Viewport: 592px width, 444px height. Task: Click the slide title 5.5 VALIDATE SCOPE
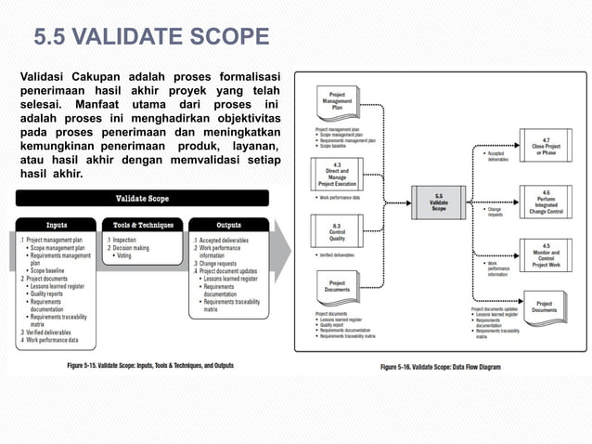pos(151,38)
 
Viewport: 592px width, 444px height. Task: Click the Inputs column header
pos(62,225)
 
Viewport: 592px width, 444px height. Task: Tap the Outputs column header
pos(228,225)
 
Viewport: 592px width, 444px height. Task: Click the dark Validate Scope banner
pos(142,198)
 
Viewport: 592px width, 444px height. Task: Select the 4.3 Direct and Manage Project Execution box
pos(335,175)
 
